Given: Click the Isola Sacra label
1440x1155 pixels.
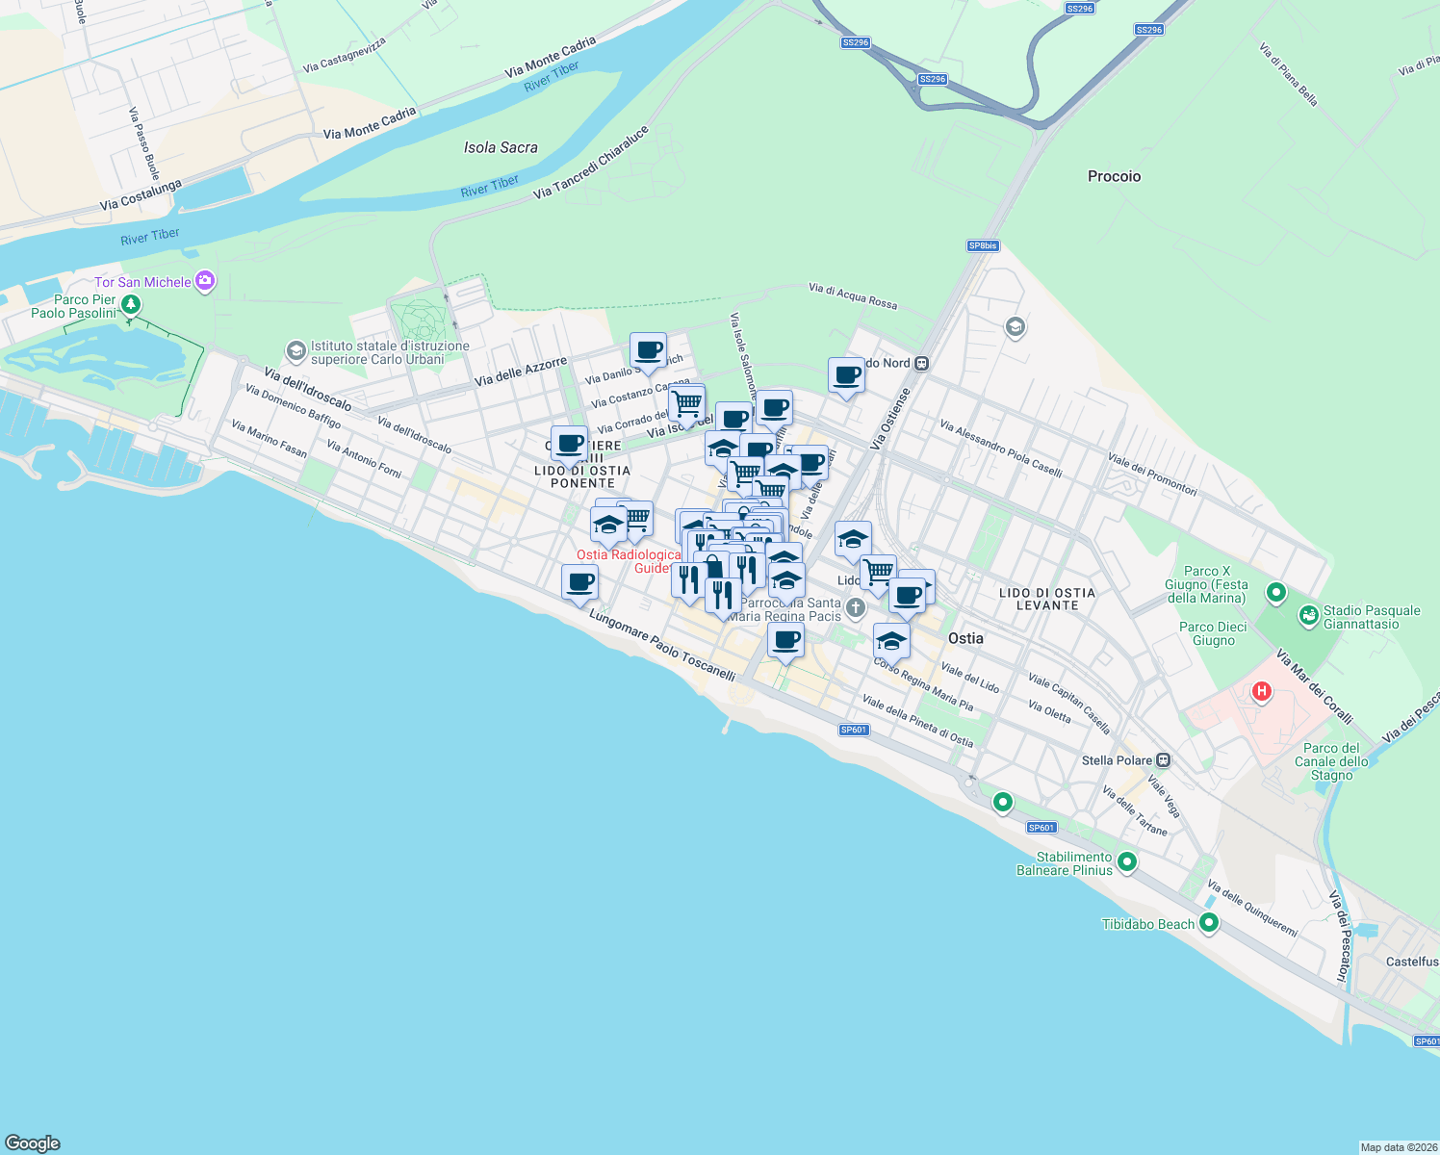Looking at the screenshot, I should pos(501,147).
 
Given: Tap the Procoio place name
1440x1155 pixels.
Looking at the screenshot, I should pos(1114,176).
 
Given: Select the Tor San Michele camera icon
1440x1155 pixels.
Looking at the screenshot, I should pos(204,281).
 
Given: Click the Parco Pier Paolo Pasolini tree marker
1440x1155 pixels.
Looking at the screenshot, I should pos(130,305).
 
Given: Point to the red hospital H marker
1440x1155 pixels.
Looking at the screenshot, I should pos(1261,691).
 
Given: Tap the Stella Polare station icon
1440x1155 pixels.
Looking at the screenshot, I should pos(1164,760).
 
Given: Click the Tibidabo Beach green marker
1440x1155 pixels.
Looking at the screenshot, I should pos(1209,923).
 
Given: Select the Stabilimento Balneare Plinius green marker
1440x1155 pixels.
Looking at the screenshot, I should pos(1127,862).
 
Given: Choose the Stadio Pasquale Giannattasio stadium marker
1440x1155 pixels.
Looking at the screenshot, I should pos(1308,616).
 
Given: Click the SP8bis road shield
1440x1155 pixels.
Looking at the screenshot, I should pos(983,246).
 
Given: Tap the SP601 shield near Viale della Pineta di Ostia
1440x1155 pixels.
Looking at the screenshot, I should pos(854,730).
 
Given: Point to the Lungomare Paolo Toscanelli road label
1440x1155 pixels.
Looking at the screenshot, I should pos(662,646).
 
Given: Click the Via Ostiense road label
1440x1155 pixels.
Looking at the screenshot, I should pos(889,420).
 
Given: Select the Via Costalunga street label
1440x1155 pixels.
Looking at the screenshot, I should pos(141,195).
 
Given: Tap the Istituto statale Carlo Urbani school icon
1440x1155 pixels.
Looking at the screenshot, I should pos(296,351).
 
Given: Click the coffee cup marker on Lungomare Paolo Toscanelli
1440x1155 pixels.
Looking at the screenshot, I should pos(579,583).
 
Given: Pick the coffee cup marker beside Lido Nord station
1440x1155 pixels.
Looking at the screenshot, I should pos(847,375).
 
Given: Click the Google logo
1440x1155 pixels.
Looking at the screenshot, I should pos(33,1143).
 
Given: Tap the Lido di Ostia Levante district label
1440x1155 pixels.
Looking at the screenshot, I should pos(1046,599).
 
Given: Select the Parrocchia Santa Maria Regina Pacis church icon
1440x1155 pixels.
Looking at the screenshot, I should pos(856,608).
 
